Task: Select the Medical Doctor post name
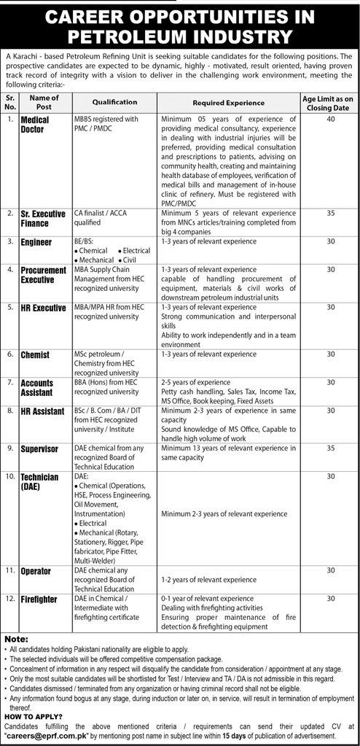[x=35, y=125]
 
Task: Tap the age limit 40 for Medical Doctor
[x=330, y=120]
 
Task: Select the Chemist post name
[x=36, y=354]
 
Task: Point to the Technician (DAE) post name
[x=39, y=481]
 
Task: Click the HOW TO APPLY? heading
[x=29, y=715]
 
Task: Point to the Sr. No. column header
[x=9, y=103]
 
